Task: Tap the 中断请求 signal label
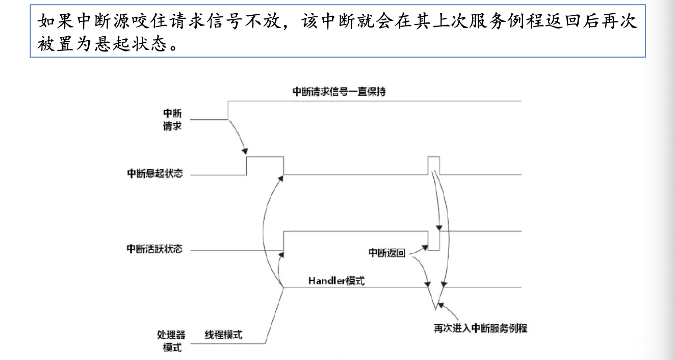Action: coord(172,119)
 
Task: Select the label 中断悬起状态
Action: coord(155,173)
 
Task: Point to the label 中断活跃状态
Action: coord(154,249)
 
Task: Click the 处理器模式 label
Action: coord(171,342)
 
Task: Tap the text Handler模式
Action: coord(336,281)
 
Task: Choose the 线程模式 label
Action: coord(223,335)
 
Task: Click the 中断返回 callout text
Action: coord(387,253)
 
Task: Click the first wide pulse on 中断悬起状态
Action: coord(265,158)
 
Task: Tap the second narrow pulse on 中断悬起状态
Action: coord(434,158)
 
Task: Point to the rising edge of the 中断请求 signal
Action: coord(228,110)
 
